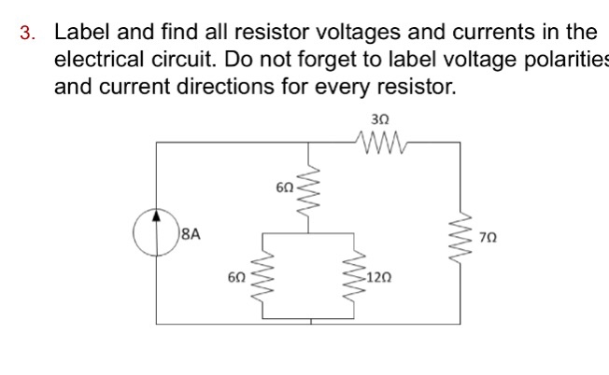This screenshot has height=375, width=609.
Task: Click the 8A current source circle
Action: coord(157,233)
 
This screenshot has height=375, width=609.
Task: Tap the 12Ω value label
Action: coord(379,278)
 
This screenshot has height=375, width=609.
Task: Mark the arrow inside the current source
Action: coord(157,230)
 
